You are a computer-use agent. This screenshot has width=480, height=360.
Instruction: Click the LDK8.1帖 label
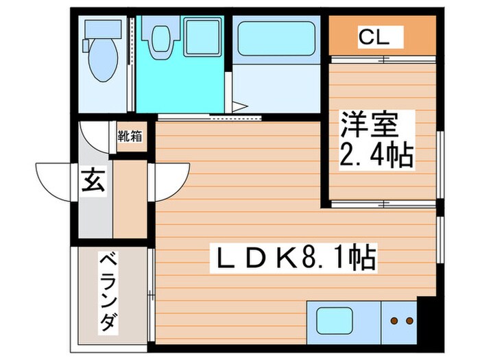tap(294, 259)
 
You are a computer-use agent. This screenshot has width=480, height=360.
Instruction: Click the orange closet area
tap(382, 38)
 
